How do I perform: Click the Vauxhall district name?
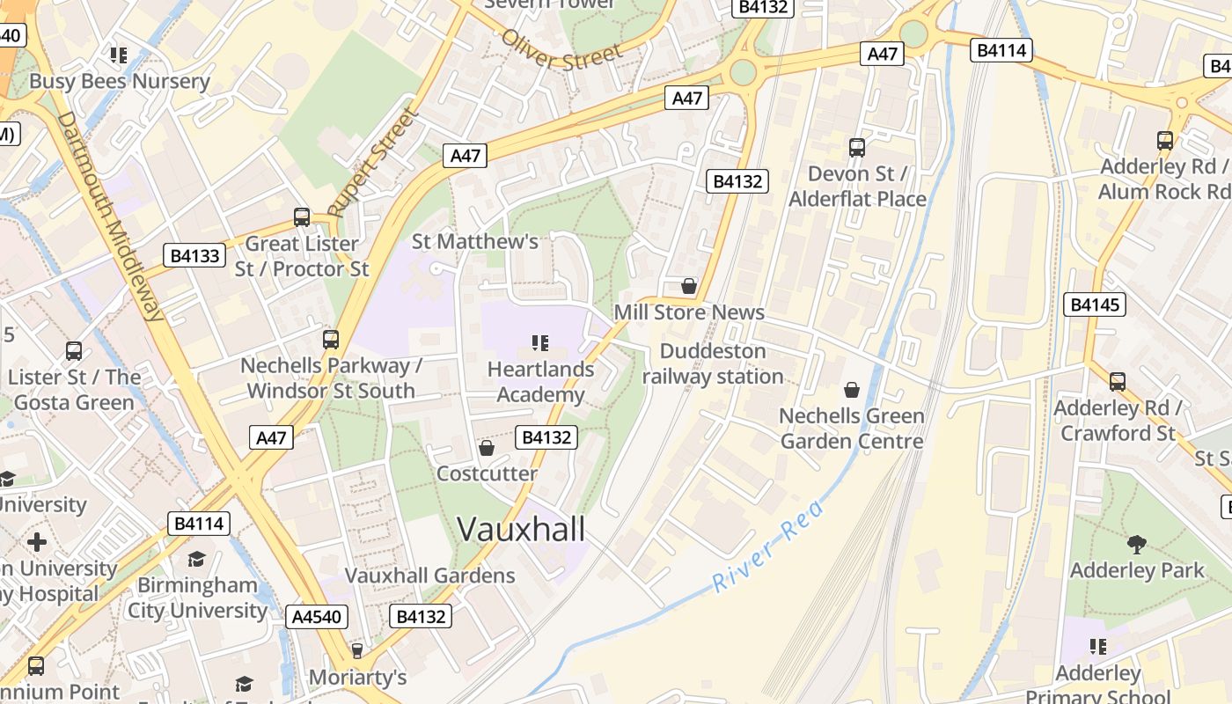[521, 529]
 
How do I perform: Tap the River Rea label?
[768, 546]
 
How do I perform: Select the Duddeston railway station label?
[713, 363]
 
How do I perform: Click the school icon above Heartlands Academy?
[540, 342]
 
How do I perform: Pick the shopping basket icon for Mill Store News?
[689, 286]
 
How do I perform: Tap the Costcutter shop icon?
[486, 449]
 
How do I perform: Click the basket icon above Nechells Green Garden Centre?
[852, 389]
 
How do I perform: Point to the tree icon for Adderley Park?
[1137, 544]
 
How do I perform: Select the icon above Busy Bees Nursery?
[119, 55]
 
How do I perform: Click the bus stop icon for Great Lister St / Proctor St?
[302, 216]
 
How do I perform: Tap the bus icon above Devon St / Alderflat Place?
[857, 147]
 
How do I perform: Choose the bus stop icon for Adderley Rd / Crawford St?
[1118, 382]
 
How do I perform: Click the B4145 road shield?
[1095, 304]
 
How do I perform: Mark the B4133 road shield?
[194, 256]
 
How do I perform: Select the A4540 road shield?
[317, 616]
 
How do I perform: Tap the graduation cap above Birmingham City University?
[196, 560]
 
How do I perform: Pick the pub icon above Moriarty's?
[357, 651]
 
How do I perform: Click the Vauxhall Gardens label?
[429, 576]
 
